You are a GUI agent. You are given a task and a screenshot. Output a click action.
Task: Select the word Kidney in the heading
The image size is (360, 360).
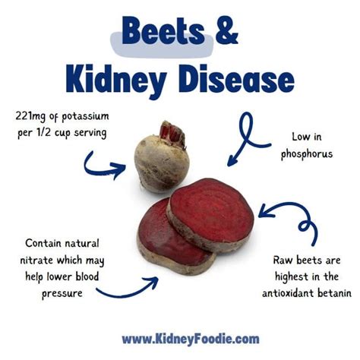click(x=114, y=80)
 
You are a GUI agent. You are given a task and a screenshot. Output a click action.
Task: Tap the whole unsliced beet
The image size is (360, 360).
click(x=161, y=157)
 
